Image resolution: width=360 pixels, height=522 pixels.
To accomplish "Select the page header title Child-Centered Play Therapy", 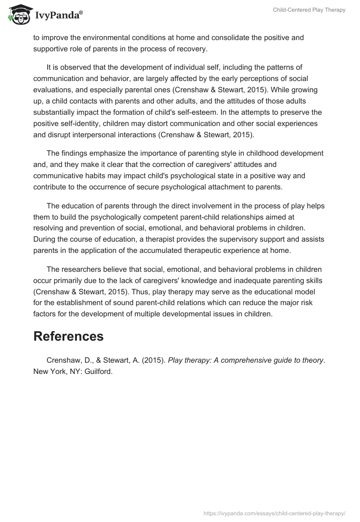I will (309, 10).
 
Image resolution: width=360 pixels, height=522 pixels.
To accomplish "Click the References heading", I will (68, 336).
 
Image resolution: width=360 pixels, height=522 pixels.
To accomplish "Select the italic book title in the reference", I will (246, 360).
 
